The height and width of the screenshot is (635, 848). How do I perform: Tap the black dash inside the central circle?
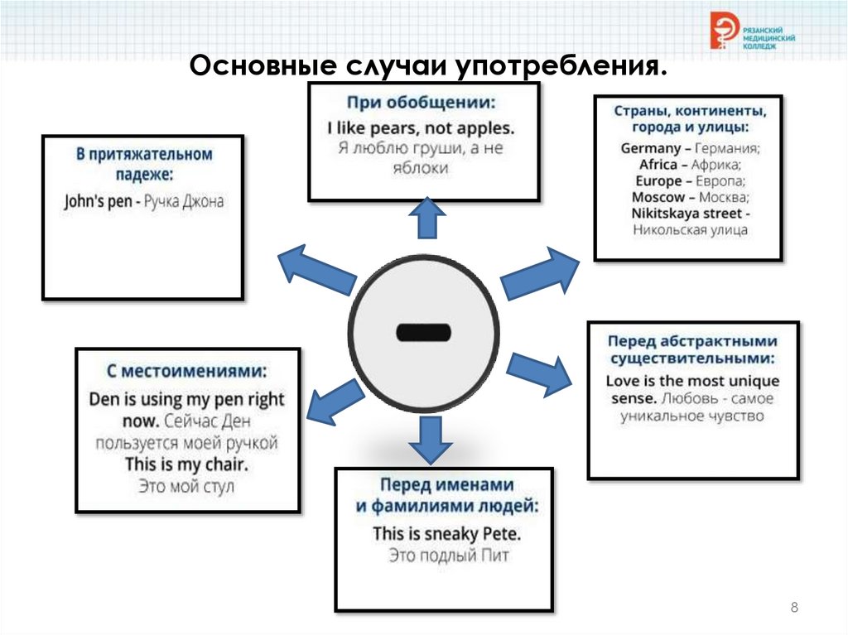pyautogui.click(x=423, y=333)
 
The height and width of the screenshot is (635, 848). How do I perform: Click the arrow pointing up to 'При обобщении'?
pyautogui.click(x=426, y=219)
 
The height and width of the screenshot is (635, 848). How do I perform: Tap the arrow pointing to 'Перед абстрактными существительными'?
pyautogui.click(x=538, y=373)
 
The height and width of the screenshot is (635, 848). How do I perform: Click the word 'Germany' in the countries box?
pyautogui.click(x=650, y=148)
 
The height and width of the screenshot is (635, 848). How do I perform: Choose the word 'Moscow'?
pyautogui.click(x=658, y=197)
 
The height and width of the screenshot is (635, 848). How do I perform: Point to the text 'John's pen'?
pyautogui.click(x=98, y=201)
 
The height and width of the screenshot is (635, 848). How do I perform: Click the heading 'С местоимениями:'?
pyautogui.click(x=187, y=371)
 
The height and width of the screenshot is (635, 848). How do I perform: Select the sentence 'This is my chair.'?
pyautogui.click(x=187, y=464)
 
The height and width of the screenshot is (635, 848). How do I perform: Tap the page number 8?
pyautogui.click(x=794, y=609)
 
